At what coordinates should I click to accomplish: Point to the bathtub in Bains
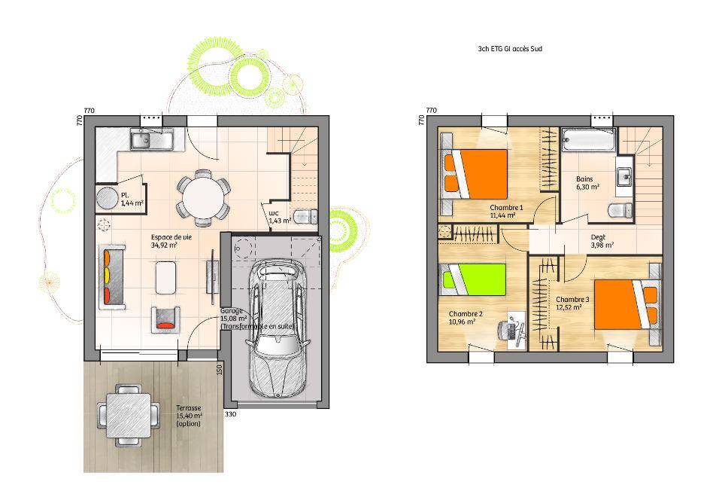588,139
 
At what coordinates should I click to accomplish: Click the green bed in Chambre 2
473,279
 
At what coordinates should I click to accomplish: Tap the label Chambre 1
506,208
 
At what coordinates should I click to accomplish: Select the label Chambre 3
572,300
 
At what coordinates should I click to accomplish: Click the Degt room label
598,237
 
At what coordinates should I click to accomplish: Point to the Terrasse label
189,408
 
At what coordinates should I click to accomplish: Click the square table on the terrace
129,416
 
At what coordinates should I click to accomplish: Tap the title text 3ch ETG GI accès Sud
510,48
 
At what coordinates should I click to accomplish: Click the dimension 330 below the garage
230,414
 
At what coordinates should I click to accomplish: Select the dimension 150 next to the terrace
219,369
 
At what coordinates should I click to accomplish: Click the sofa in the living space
112,277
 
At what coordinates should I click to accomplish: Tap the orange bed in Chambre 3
627,304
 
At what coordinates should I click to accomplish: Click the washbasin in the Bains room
625,176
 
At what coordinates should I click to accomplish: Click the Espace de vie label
171,237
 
